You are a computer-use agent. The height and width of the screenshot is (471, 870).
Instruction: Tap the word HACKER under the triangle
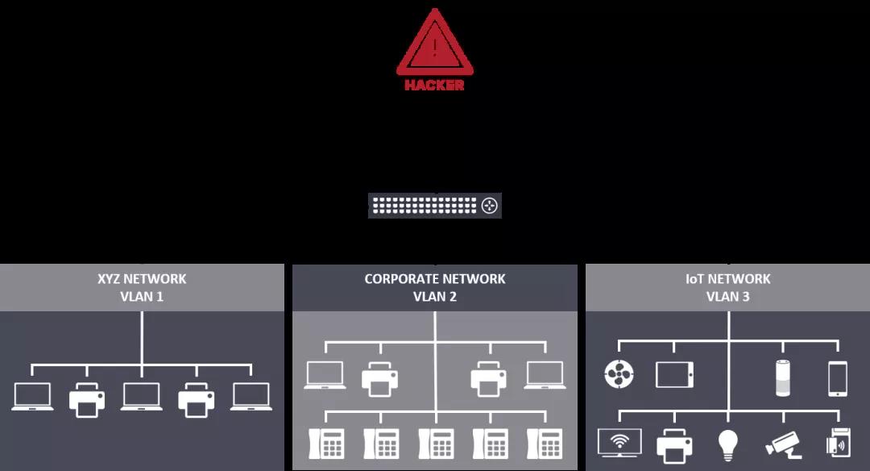(434, 85)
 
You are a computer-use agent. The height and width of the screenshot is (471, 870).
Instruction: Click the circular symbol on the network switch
(490, 206)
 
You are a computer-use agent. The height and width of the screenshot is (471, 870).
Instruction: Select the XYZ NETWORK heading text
(142, 279)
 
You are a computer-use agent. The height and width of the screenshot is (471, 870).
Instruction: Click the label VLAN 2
(435, 297)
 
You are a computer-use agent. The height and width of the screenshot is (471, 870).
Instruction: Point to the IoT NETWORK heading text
(728, 279)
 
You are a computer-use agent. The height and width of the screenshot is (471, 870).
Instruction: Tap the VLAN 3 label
(728, 297)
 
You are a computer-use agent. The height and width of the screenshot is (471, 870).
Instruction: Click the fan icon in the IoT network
(619, 373)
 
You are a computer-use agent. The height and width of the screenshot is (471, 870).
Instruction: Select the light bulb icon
(728, 445)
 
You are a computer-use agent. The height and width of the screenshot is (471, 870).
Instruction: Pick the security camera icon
(783, 445)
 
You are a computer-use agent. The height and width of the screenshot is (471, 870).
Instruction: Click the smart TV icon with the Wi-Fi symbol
(619, 443)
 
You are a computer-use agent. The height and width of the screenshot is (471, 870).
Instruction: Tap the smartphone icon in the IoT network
(838, 379)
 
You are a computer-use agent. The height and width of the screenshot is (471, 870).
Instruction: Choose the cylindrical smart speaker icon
(783, 378)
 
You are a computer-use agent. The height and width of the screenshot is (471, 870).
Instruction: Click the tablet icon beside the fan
(674, 375)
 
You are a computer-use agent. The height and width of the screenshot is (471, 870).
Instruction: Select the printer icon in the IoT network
(674, 446)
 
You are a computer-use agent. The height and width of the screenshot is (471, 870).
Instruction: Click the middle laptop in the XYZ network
(142, 397)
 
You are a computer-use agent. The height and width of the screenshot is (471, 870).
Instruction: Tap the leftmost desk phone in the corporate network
(326, 444)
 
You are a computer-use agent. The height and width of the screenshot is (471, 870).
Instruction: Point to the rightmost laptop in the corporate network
(545, 375)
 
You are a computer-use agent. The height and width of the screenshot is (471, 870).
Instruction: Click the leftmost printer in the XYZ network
(87, 400)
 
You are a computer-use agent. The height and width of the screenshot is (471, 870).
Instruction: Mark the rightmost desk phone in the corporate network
(545, 444)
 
